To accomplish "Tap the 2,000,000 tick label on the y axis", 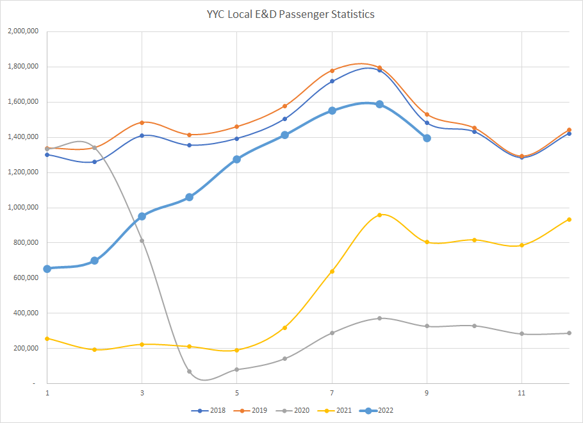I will (21, 31).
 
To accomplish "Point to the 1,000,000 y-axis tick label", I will (21, 208).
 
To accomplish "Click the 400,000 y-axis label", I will (24, 313).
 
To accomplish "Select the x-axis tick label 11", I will (521, 392).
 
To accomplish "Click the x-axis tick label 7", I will (332, 392).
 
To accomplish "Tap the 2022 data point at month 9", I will (427, 138).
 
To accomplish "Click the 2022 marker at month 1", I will (47, 269).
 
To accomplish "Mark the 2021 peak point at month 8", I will (379, 215).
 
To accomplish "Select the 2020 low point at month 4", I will (190, 371).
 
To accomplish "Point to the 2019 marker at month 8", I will (379, 67).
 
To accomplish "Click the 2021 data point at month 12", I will (569, 219).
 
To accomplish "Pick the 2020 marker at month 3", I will (142, 240).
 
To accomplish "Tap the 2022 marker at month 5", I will (237, 159).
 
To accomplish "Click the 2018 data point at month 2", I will (95, 162).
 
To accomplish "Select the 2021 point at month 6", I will (284, 328).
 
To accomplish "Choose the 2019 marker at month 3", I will (142, 122).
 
